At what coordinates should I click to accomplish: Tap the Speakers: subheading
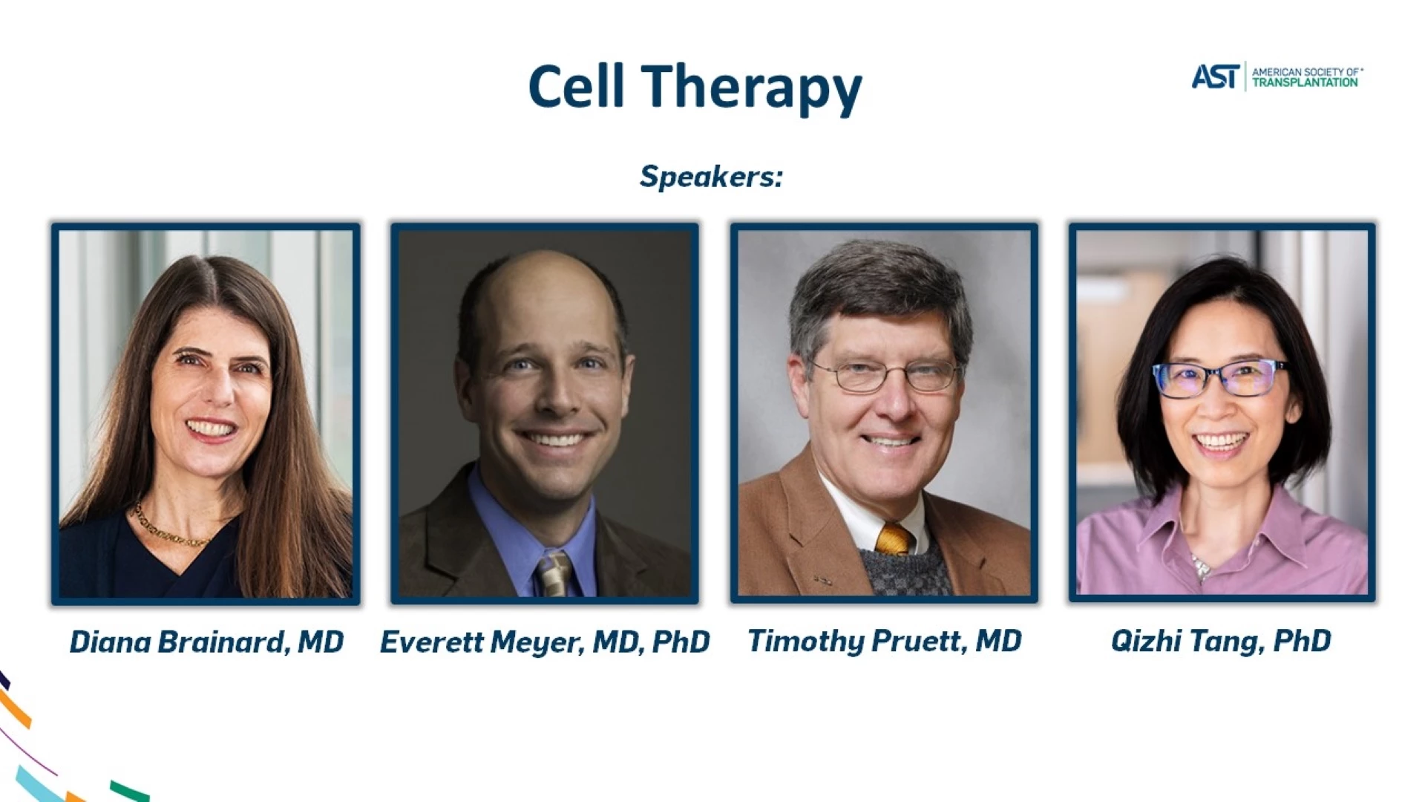pos(711,177)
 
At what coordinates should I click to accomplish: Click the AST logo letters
pos(1215,76)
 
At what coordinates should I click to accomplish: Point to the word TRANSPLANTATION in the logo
pos(1305,82)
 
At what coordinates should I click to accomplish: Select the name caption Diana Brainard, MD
pos(206,642)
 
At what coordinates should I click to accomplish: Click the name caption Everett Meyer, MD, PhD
pos(545,642)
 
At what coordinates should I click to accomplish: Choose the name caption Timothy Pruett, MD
pos(884,641)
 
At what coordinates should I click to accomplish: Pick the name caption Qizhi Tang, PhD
pos(1221,641)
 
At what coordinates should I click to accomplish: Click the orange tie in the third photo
pos(894,538)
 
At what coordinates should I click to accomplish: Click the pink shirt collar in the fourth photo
pos(1217,531)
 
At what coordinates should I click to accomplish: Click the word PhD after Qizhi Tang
pos(1303,641)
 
